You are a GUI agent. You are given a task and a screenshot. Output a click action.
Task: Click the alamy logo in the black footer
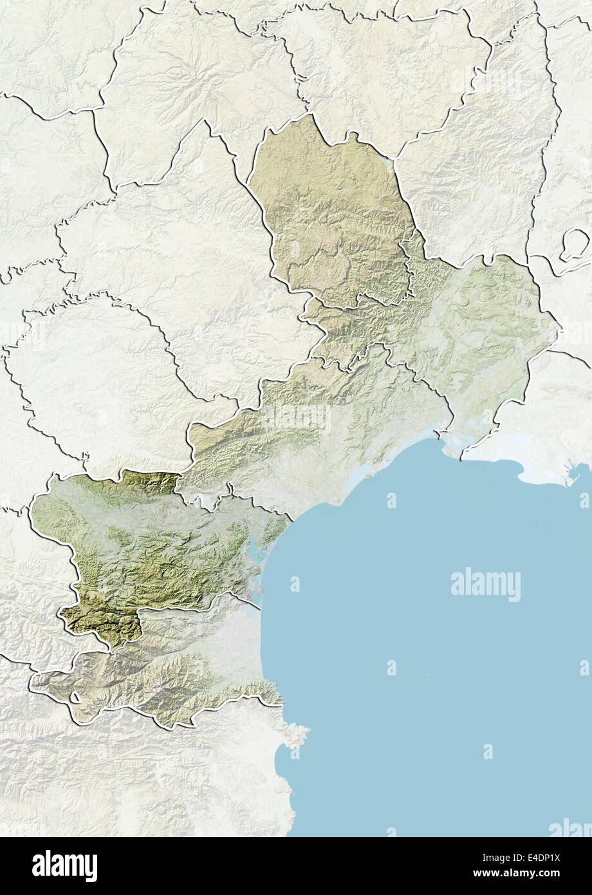64,865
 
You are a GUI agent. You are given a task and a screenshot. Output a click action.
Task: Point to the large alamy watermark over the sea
485,584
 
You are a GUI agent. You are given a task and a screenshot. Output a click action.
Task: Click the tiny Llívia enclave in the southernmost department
76,697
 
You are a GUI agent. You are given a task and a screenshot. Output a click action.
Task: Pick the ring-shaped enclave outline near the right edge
574,245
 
